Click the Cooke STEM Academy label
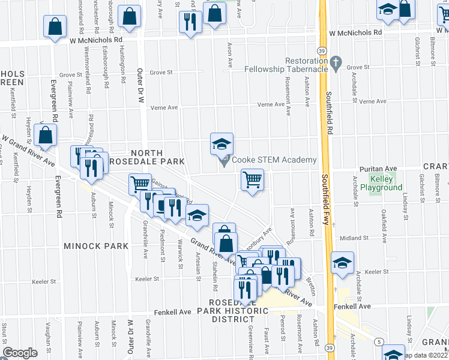(273, 160)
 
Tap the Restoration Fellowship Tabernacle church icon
(336, 62)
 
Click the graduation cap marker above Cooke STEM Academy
(221, 144)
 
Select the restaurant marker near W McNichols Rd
(190, 22)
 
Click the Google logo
(20, 353)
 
